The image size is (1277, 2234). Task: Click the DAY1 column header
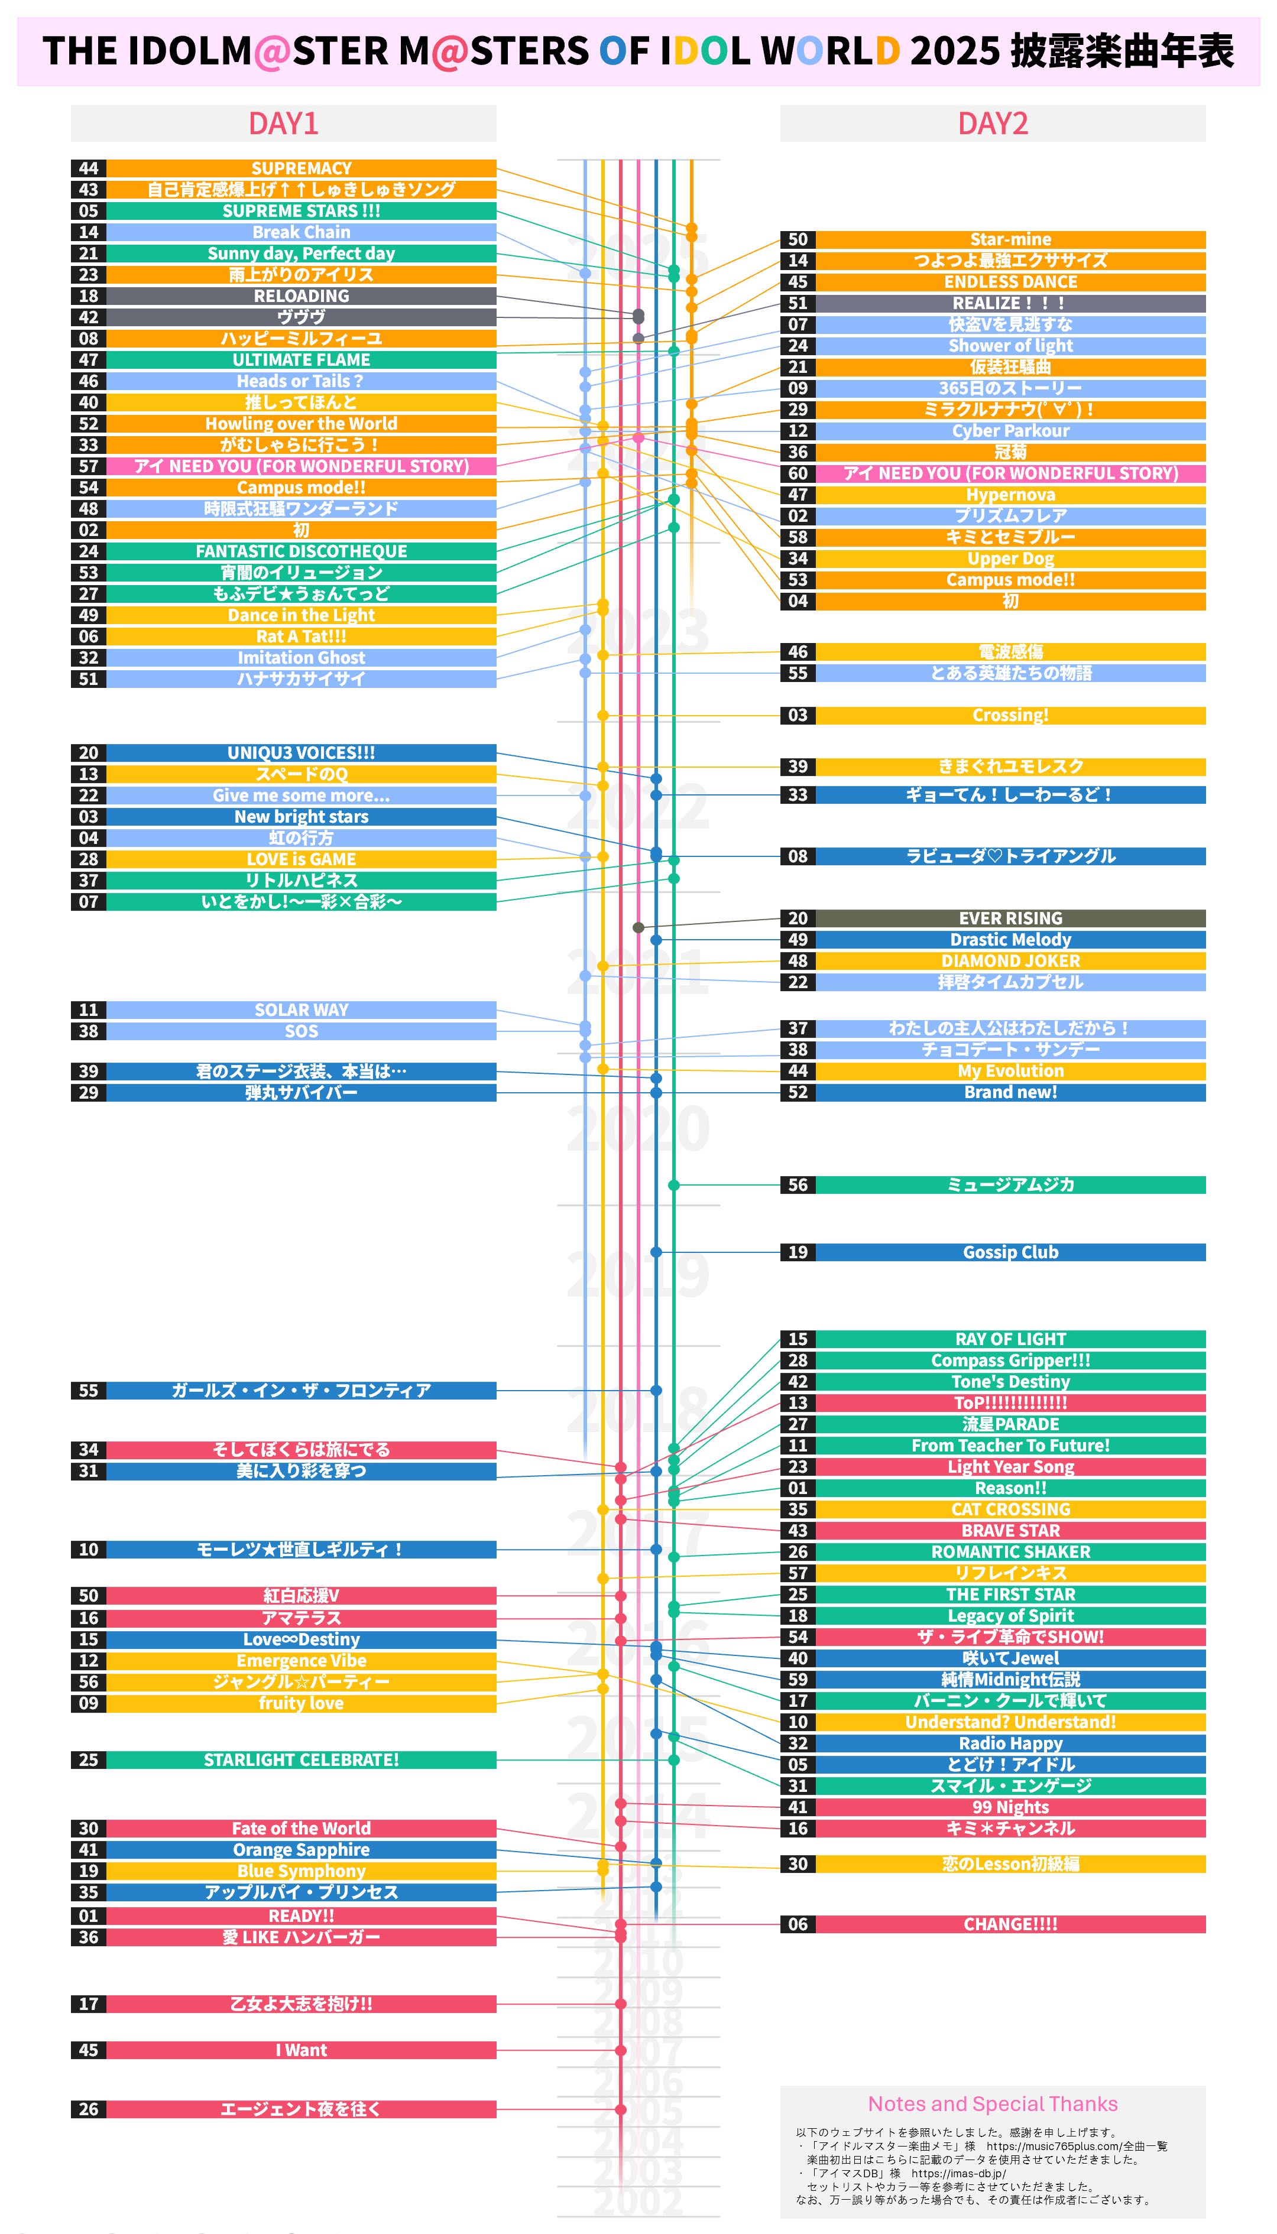tap(283, 124)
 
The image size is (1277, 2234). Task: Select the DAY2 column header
tap(992, 124)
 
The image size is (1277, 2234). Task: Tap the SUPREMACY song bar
tap(301, 168)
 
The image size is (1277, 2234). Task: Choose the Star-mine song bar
tap(1010, 239)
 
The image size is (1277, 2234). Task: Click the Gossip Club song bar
tap(1010, 1252)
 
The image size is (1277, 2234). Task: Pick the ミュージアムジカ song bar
tap(1010, 1184)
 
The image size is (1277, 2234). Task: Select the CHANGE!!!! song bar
tap(1010, 1924)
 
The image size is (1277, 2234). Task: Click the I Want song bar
tap(301, 2050)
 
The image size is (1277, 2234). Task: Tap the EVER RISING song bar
tap(1010, 918)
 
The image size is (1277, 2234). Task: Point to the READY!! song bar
tap(301, 1915)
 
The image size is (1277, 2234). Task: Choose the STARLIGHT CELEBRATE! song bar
tap(301, 1759)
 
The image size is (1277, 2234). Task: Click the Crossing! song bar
tap(1010, 716)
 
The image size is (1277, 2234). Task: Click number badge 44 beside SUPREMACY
tap(89, 168)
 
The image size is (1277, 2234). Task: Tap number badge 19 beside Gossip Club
tap(798, 1252)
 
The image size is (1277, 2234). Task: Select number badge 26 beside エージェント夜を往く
tap(89, 2109)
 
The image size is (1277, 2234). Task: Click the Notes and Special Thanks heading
tap(992, 2103)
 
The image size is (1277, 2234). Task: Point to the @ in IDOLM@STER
tap(272, 51)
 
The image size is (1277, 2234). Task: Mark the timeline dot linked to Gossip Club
tap(656, 1252)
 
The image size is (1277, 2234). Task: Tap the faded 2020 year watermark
tap(638, 1128)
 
